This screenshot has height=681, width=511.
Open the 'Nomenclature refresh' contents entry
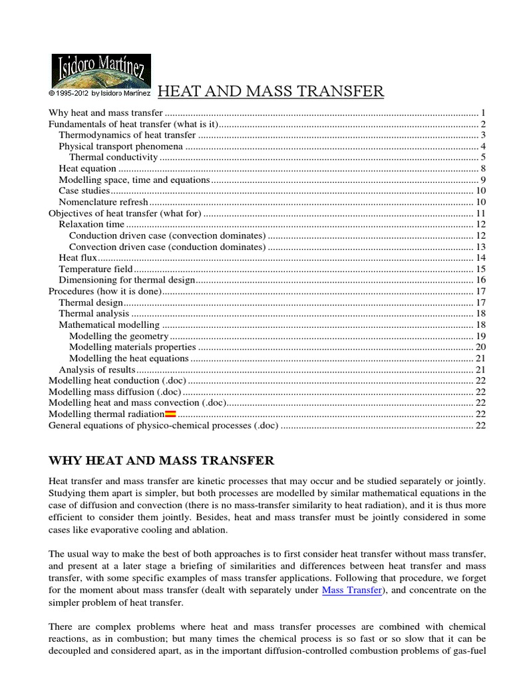pyautogui.click(x=102, y=202)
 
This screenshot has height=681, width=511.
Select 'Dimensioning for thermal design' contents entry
pyautogui.click(x=127, y=280)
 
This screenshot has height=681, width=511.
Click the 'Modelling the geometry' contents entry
pyautogui.click(x=118, y=336)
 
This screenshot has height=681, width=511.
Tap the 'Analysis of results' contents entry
pyautogui.click(x=97, y=370)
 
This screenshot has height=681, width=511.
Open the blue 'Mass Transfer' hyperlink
pyautogui.click(x=351, y=590)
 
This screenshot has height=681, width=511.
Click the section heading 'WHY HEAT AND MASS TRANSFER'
pyautogui.click(x=162, y=460)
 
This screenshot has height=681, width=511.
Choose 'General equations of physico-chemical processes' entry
pyautogui.click(x=164, y=426)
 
